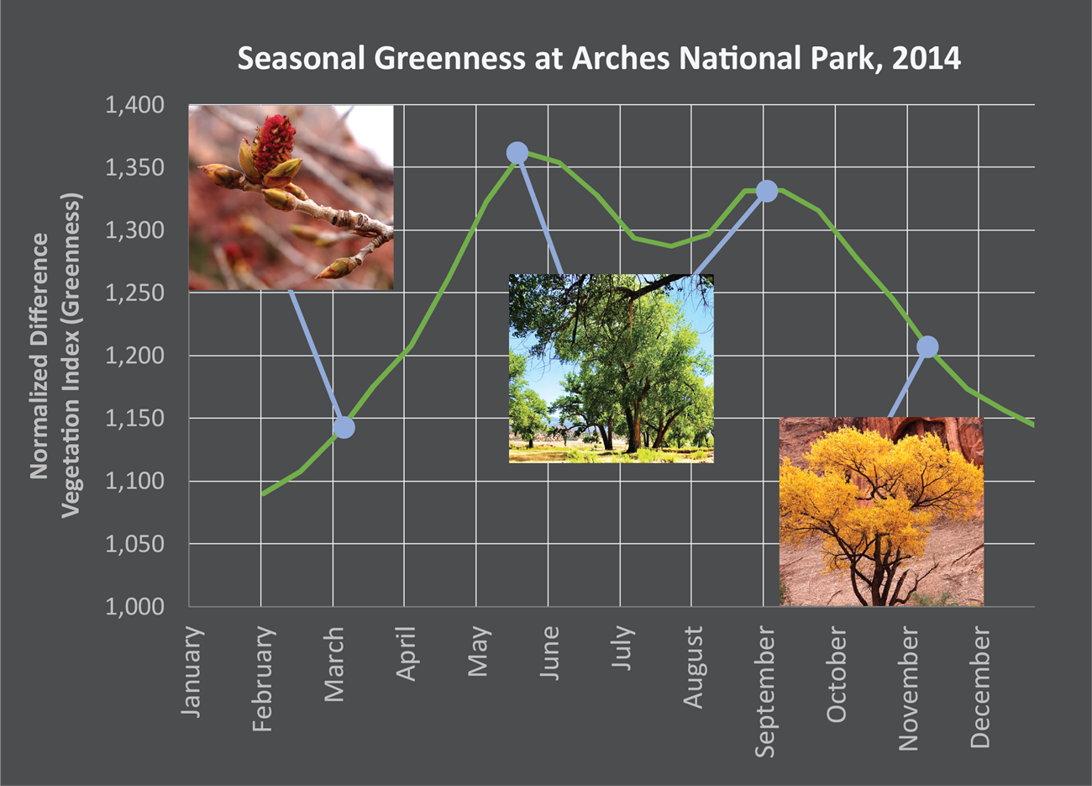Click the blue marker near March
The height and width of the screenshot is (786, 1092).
[x=343, y=427]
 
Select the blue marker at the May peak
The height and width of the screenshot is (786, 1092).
[x=517, y=152]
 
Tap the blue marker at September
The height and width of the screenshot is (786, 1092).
[x=766, y=191]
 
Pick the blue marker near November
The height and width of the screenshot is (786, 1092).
[x=927, y=346]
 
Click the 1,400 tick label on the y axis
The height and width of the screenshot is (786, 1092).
[x=134, y=106]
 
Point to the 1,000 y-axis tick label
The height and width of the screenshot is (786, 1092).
[x=134, y=607]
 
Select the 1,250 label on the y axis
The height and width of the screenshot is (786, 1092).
[x=134, y=293]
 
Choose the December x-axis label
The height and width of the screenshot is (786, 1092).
[x=980, y=687]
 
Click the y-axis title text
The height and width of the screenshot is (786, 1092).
[x=55, y=356]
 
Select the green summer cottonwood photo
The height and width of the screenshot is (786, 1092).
[x=611, y=367]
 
